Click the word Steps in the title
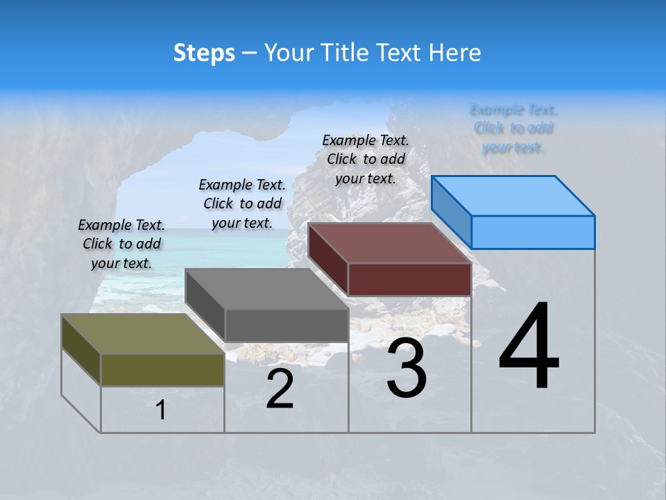tap(204, 53)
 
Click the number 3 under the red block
tap(407, 369)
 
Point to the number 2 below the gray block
tap(280, 390)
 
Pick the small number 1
tap(161, 410)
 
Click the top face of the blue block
tap(513, 195)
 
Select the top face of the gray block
tap(266, 289)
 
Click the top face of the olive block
tap(143, 334)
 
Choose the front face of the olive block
tap(162, 370)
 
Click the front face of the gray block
tap(287, 325)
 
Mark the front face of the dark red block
tap(409, 279)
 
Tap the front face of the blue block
tap(533, 232)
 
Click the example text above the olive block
tap(121, 244)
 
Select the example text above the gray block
tap(242, 203)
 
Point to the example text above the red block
tap(366, 159)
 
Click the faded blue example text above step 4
tap(513, 128)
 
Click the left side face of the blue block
tap(451, 212)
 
